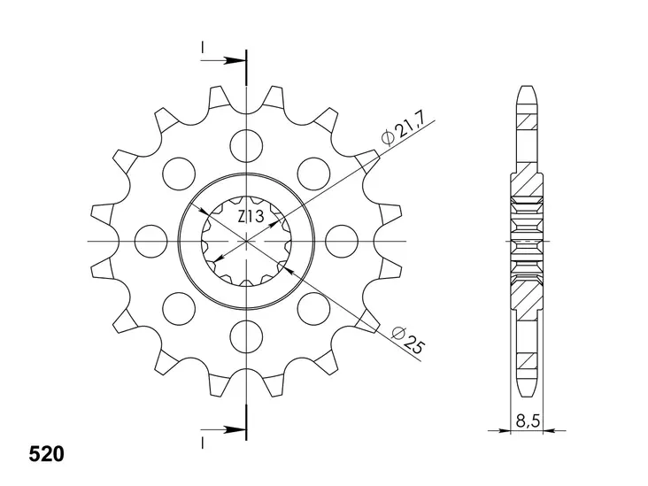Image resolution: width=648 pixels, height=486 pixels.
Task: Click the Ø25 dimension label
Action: point(408,340)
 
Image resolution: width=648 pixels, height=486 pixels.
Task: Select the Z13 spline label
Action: point(251,216)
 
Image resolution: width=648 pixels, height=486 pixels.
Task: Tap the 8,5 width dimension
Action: point(528,421)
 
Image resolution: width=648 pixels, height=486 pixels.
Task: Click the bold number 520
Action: point(47,454)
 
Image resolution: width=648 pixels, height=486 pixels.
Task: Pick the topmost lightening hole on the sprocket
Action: point(246,145)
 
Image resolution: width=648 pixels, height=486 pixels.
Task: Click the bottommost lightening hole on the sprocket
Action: point(247,336)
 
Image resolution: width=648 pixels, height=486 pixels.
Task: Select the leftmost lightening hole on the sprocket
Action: point(151,241)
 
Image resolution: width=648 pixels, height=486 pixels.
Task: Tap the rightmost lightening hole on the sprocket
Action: point(342,241)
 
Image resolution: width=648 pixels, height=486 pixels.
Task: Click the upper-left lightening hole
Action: point(179,174)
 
